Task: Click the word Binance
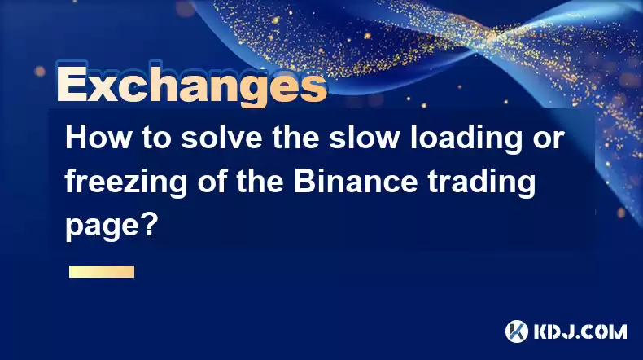click(356, 182)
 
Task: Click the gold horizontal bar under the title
click(102, 272)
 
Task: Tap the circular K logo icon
click(517, 331)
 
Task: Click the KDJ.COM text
click(580, 331)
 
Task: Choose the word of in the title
click(212, 182)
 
